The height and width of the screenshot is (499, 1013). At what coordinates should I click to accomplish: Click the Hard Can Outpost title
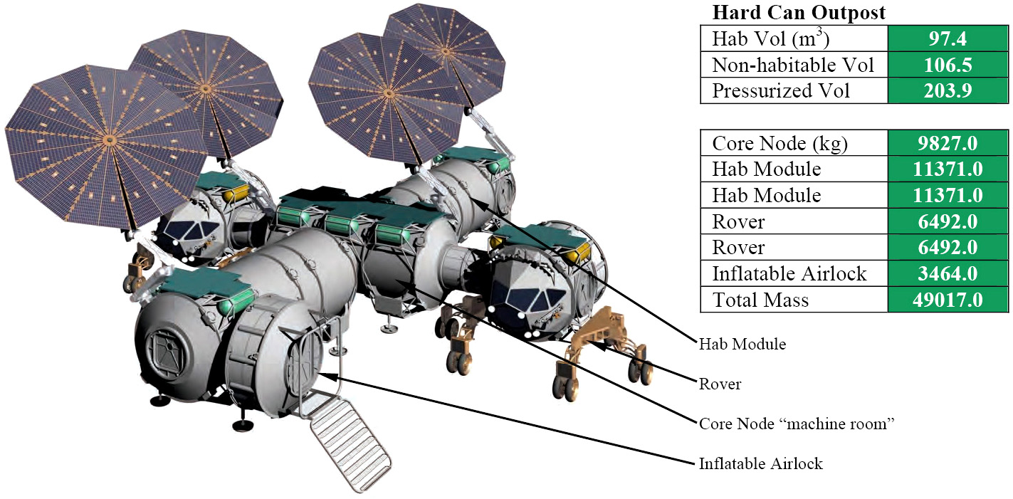(x=799, y=13)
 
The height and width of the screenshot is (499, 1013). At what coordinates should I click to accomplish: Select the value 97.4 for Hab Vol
(x=948, y=38)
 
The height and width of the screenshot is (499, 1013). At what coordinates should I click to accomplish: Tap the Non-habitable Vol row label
(x=793, y=65)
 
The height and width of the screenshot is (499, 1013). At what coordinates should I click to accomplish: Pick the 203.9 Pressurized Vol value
(x=948, y=90)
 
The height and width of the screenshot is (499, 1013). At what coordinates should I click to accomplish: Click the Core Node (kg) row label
(x=780, y=143)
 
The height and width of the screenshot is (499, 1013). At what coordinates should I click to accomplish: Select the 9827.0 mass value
(x=948, y=143)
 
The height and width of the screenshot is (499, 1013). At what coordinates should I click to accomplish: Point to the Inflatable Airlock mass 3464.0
(x=948, y=274)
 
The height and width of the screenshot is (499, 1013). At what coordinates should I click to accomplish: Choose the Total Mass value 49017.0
(x=948, y=300)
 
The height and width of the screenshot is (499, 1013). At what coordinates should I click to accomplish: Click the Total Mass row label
(x=761, y=300)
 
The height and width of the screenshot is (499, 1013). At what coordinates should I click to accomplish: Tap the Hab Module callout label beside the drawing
(x=742, y=345)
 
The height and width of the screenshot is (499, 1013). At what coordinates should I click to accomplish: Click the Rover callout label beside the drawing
(x=720, y=384)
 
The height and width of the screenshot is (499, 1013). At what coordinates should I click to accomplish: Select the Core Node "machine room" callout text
(x=797, y=424)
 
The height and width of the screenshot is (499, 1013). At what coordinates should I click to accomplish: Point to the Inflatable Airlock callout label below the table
(x=761, y=463)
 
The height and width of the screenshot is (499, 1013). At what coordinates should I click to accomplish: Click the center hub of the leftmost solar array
(x=108, y=140)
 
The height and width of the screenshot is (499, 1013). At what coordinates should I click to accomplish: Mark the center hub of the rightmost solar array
(x=445, y=51)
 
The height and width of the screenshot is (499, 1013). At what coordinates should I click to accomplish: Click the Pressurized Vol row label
(x=780, y=90)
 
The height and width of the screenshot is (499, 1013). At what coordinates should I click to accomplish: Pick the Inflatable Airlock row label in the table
(x=789, y=274)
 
